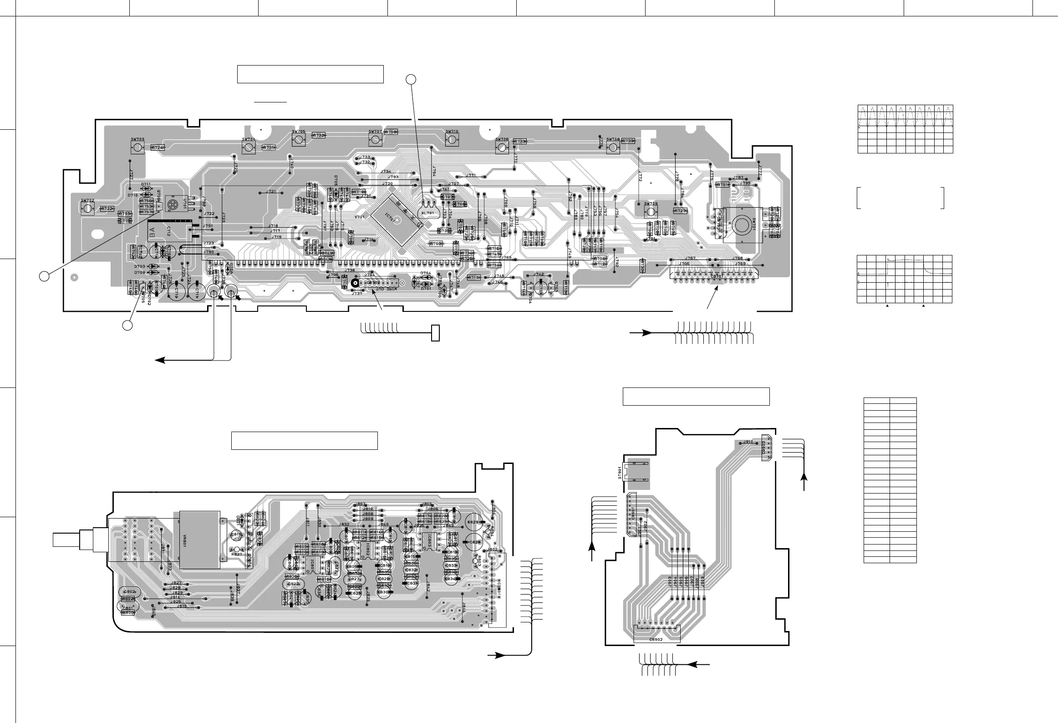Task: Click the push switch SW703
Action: pos(137,147)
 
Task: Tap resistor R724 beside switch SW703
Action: pos(158,147)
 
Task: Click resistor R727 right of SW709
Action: pos(680,211)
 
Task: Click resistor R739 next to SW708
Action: pos(628,141)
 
